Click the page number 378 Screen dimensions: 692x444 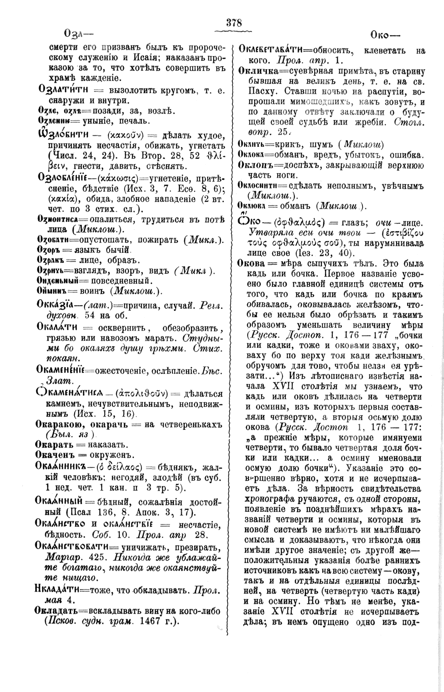(234, 23)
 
